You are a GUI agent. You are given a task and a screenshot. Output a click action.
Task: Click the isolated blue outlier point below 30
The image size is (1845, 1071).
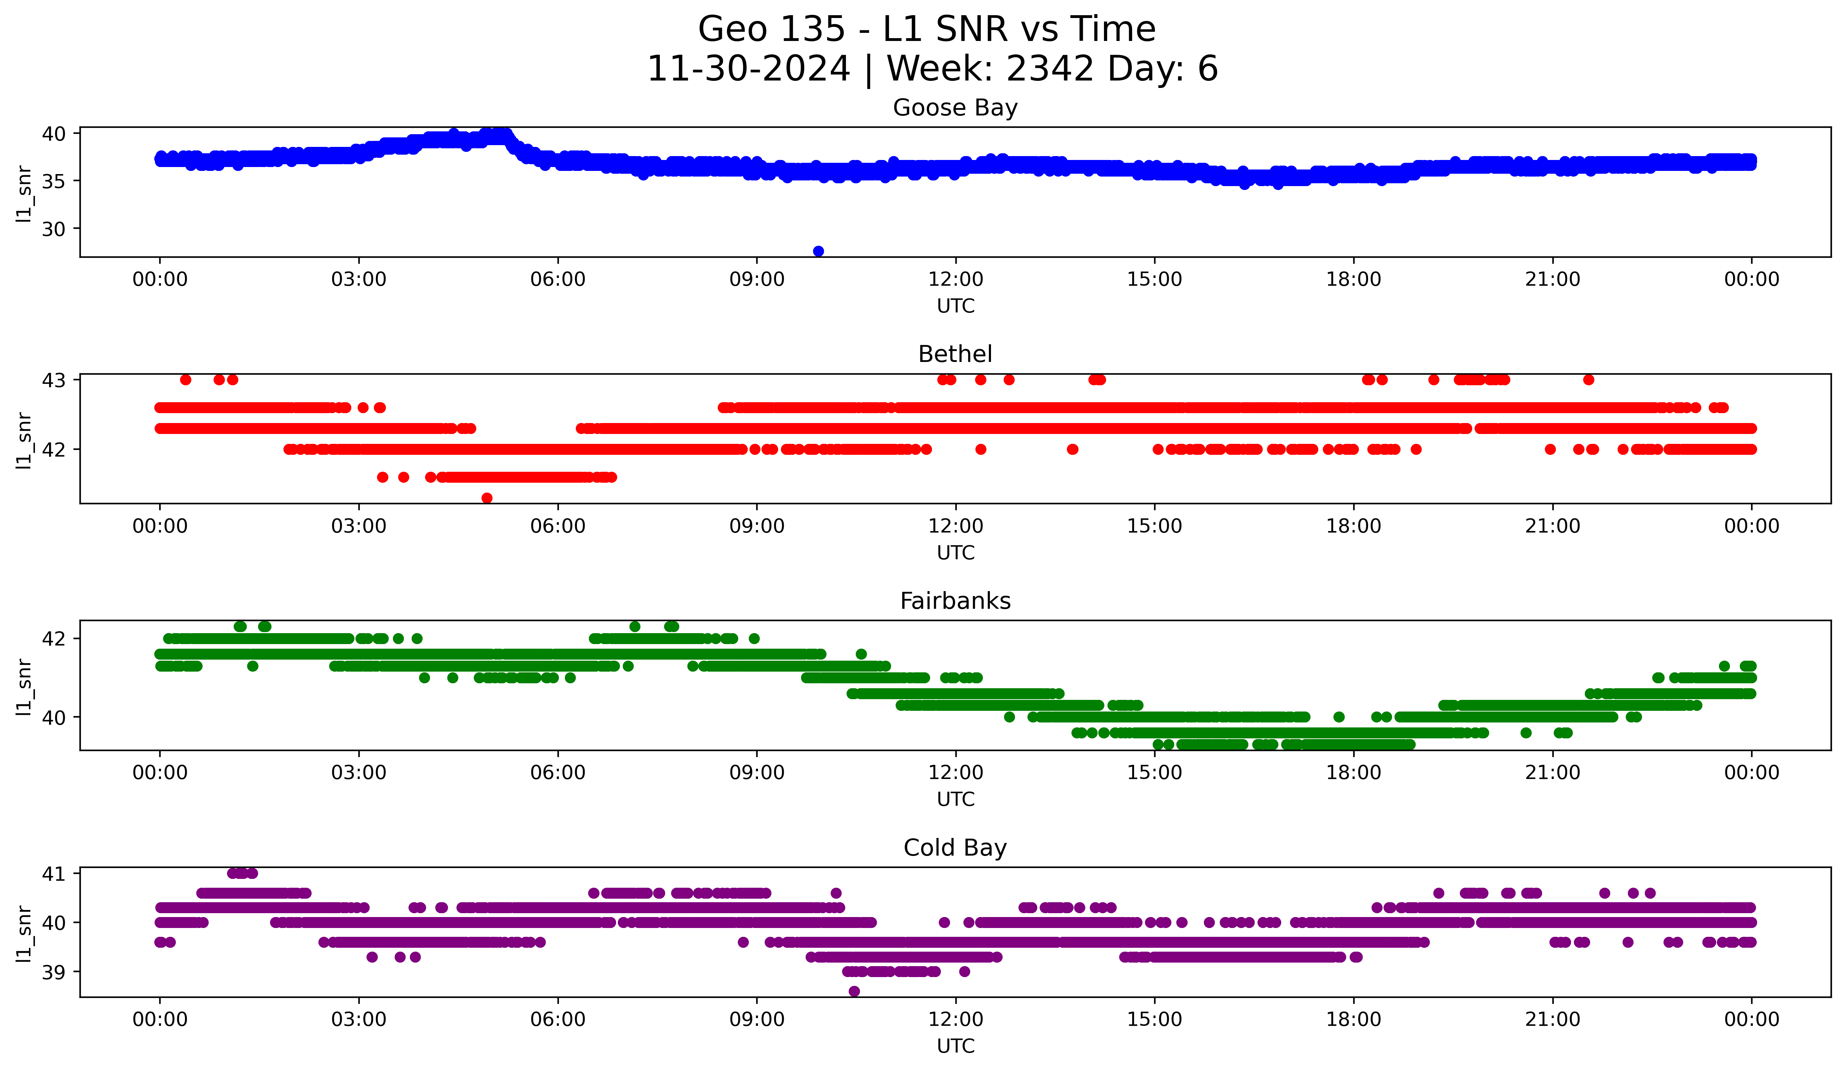[819, 251]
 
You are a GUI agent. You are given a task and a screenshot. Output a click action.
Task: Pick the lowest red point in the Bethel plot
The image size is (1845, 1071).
[487, 498]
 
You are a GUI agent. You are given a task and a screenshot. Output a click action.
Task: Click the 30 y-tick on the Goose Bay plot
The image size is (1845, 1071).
[53, 229]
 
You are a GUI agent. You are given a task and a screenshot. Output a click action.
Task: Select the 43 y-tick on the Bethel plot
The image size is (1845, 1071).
[53, 380]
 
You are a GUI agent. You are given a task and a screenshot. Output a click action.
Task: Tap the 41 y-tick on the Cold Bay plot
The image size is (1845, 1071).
[53, 873]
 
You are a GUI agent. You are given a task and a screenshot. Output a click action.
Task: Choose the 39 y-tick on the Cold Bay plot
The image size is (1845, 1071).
[53, 972]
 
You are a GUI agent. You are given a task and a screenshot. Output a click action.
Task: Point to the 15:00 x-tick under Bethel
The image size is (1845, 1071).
[1154, 526]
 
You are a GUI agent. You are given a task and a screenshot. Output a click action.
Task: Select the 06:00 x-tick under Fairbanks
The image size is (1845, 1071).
[558, 773]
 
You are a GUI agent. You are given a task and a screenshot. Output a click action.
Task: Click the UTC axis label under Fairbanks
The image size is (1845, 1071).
[955, 799]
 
